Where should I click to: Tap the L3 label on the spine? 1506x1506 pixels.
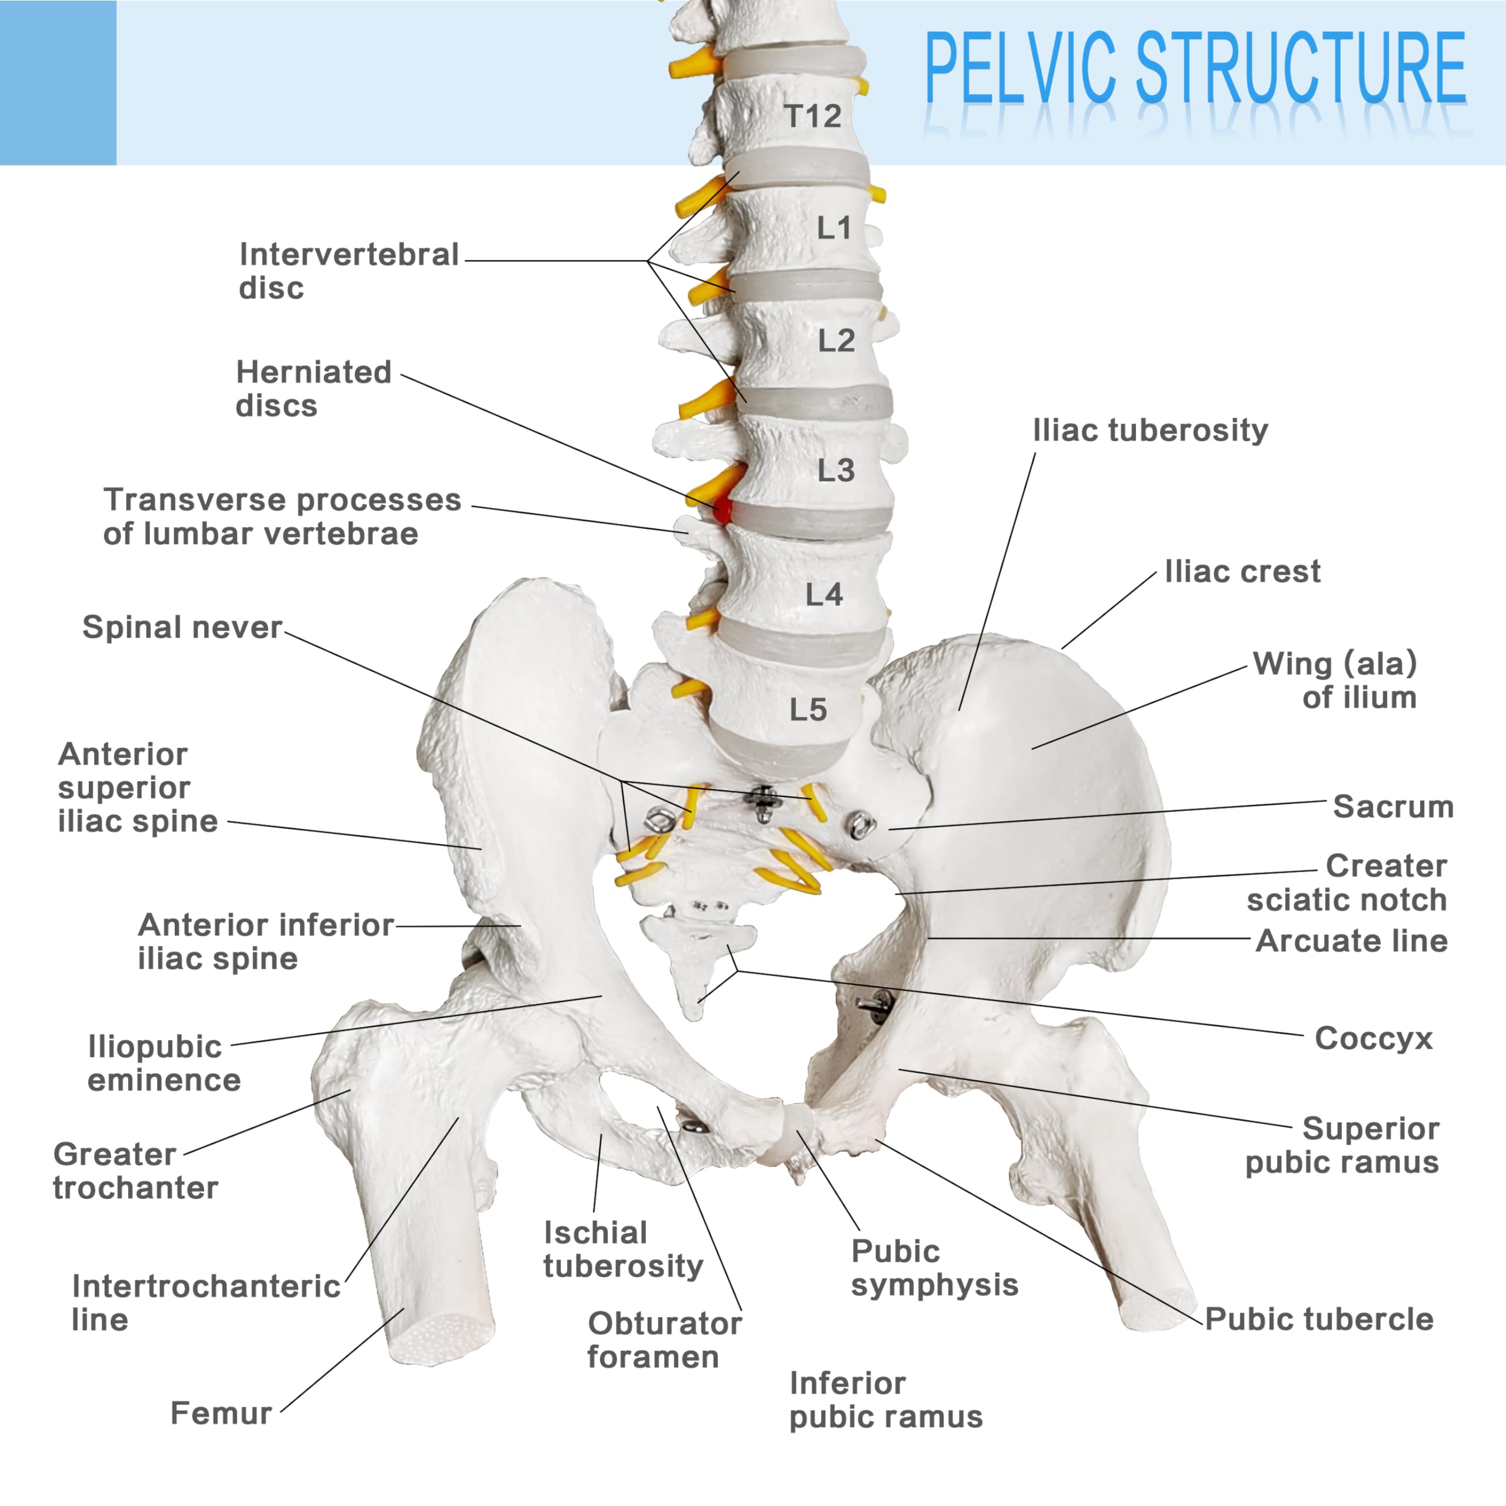835,471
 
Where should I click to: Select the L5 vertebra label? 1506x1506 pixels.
808,710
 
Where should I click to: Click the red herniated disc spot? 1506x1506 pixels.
722,511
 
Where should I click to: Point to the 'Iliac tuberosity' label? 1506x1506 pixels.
1150,430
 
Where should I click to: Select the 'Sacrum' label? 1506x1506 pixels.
1393,807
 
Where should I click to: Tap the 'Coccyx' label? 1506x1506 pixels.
1374,1038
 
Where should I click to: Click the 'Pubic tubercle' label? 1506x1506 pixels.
1319,1319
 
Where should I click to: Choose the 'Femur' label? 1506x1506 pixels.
221,1413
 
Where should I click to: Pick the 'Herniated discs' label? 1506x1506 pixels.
314,389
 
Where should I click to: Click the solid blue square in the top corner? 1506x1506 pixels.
58,82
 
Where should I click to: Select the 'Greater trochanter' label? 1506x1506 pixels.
136,1171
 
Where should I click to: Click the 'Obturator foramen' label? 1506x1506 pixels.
664,1340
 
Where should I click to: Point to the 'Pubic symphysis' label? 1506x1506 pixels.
934,1268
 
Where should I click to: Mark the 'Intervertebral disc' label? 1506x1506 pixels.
348,271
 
